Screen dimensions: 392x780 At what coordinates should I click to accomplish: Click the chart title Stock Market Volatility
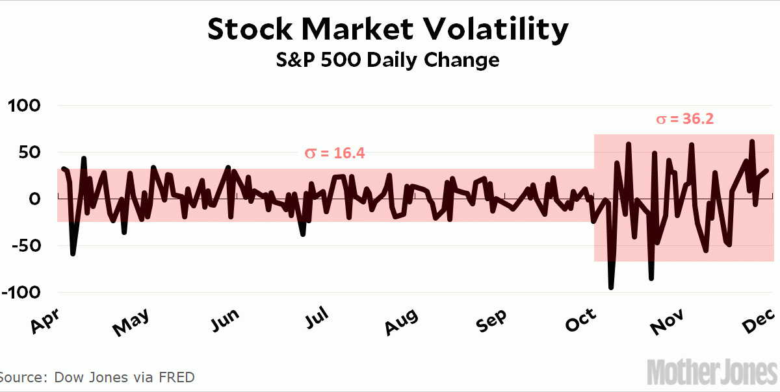pos(388,29)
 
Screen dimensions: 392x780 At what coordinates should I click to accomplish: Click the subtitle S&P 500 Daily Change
pos(388,60)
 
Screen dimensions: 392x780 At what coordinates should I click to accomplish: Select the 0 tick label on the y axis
pos(36,199)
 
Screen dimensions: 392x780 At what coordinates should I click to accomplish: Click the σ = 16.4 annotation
pos(335,153)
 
